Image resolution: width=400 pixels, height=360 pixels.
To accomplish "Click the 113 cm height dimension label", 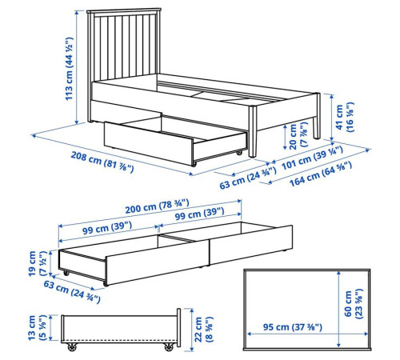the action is tap(69, 69).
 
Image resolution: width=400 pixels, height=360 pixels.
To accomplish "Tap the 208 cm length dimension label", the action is tap(102, 162).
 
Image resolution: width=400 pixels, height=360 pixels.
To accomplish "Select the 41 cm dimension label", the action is tap(345, 117).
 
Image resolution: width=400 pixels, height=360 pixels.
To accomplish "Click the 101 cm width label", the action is tap(312, 158).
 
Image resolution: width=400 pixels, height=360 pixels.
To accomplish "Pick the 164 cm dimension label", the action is tap(321, 174).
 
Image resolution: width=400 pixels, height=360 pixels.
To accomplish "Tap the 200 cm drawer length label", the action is tap(157, 206).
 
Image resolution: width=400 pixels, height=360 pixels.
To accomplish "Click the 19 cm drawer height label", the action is tap(38, 263).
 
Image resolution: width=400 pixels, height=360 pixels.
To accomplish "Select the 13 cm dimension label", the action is tap(37, 327).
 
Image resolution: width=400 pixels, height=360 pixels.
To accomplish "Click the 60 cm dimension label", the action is tap(354, 304).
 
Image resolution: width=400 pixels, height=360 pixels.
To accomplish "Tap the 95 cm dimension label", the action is tap(293, 327).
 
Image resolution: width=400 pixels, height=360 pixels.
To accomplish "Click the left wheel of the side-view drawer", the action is tap(72, 346).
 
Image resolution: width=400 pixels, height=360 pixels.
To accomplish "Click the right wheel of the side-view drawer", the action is tap(169, 346).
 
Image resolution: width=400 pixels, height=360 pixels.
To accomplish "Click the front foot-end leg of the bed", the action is tap(253, 131).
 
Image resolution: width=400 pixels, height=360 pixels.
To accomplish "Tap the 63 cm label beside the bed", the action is tap(248, 178).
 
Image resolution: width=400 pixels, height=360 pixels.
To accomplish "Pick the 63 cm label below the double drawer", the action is tap(72, 291).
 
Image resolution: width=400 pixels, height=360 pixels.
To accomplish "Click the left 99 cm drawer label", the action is tap(107, 228).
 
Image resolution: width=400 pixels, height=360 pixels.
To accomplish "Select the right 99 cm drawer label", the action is tap(199, 214).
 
